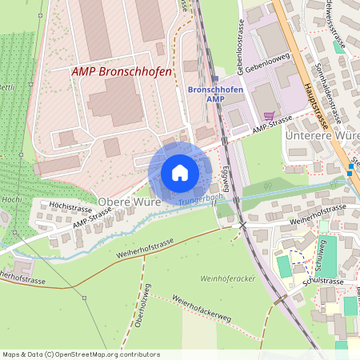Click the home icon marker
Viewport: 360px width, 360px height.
(179, 173)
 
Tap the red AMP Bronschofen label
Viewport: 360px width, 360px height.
(122, 71)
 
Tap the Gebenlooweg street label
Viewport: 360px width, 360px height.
(266, 70)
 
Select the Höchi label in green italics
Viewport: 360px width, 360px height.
(11, 198)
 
